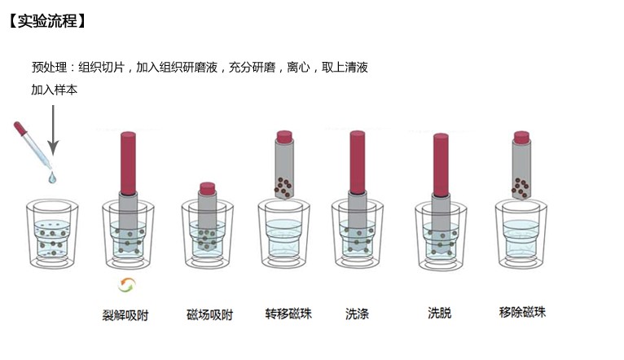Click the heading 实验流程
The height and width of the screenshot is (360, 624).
pyautogui.click(x=47, y=20)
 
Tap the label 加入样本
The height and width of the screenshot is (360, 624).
pyautogui.click(x=54, y=90)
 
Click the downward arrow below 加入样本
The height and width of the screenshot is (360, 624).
pyautogui.click(x=53, y=130)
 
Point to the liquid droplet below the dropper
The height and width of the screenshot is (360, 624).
pyautogui.click(x=52, y=178)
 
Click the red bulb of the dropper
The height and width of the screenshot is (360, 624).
pyautogui.click(x=20, y=129)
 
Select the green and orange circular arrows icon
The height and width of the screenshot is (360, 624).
pyautogui.click(x=127, y=285)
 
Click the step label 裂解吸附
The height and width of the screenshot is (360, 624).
pyautogui.click(x=125, y=315)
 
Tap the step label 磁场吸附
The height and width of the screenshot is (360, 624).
pyautogui.click(x=209, y=315)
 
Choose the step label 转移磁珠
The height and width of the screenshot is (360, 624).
pyautogui.click(x=288, y=314)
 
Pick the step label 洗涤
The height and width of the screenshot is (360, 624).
pyautogui.click(x=357, y=314)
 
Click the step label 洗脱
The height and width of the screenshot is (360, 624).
pyautogui.click(x=440, y=313)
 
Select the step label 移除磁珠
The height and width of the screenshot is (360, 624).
pyautogui.click(x=522, y=312)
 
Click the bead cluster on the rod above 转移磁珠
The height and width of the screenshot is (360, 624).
pyautogui.click(x=283, y=187)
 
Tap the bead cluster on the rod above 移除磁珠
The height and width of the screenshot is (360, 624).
pyautogui.click(x=520, y=188)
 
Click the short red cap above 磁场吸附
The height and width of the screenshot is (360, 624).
pyautogui.click(x=208, y=189)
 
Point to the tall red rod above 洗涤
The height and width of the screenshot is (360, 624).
pyautogui.click(x=358, y=162)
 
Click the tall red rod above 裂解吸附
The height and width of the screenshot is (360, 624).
pyautogui.click(x=128, y=163)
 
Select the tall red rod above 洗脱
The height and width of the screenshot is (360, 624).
pyautogui.click(x=441, y=165)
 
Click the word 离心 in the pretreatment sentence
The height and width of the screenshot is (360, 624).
pyautogui.click(x=298, y=68)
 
